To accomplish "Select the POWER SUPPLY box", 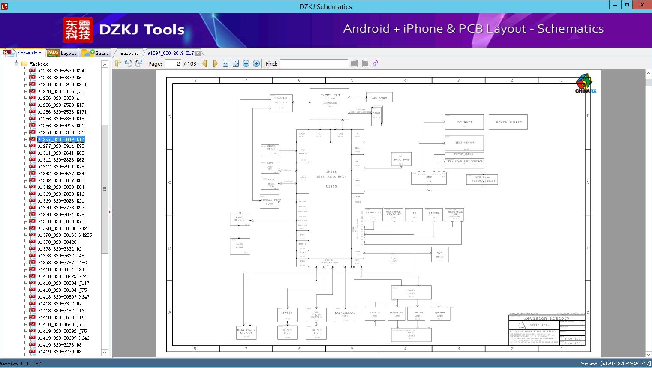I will (x=509, y=122).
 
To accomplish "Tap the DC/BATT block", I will (x=464, y=122).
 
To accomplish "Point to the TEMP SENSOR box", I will (x=464, y=143).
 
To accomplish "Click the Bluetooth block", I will (x=373, y=214).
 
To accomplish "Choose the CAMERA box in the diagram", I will (x=434, y=214).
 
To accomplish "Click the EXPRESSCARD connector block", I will (x=345, y=314).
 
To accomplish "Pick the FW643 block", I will (x=287, y=314).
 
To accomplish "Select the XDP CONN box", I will (x=379, y=97).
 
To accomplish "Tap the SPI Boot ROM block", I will (x=401, y=159).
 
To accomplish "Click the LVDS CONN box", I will (x=240, y=246).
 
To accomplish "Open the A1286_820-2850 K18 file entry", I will (x=61, y=119).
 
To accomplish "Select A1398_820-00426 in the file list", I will (x=57, y=242).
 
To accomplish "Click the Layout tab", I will (x=62, y=53).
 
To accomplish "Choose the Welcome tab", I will (x=129, y=53).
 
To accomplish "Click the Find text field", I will (x=314, y=63).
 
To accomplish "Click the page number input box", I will (x=173, y=63).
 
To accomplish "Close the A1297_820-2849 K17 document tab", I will (x=198, y=53).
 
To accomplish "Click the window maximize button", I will (x=627, y=5).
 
